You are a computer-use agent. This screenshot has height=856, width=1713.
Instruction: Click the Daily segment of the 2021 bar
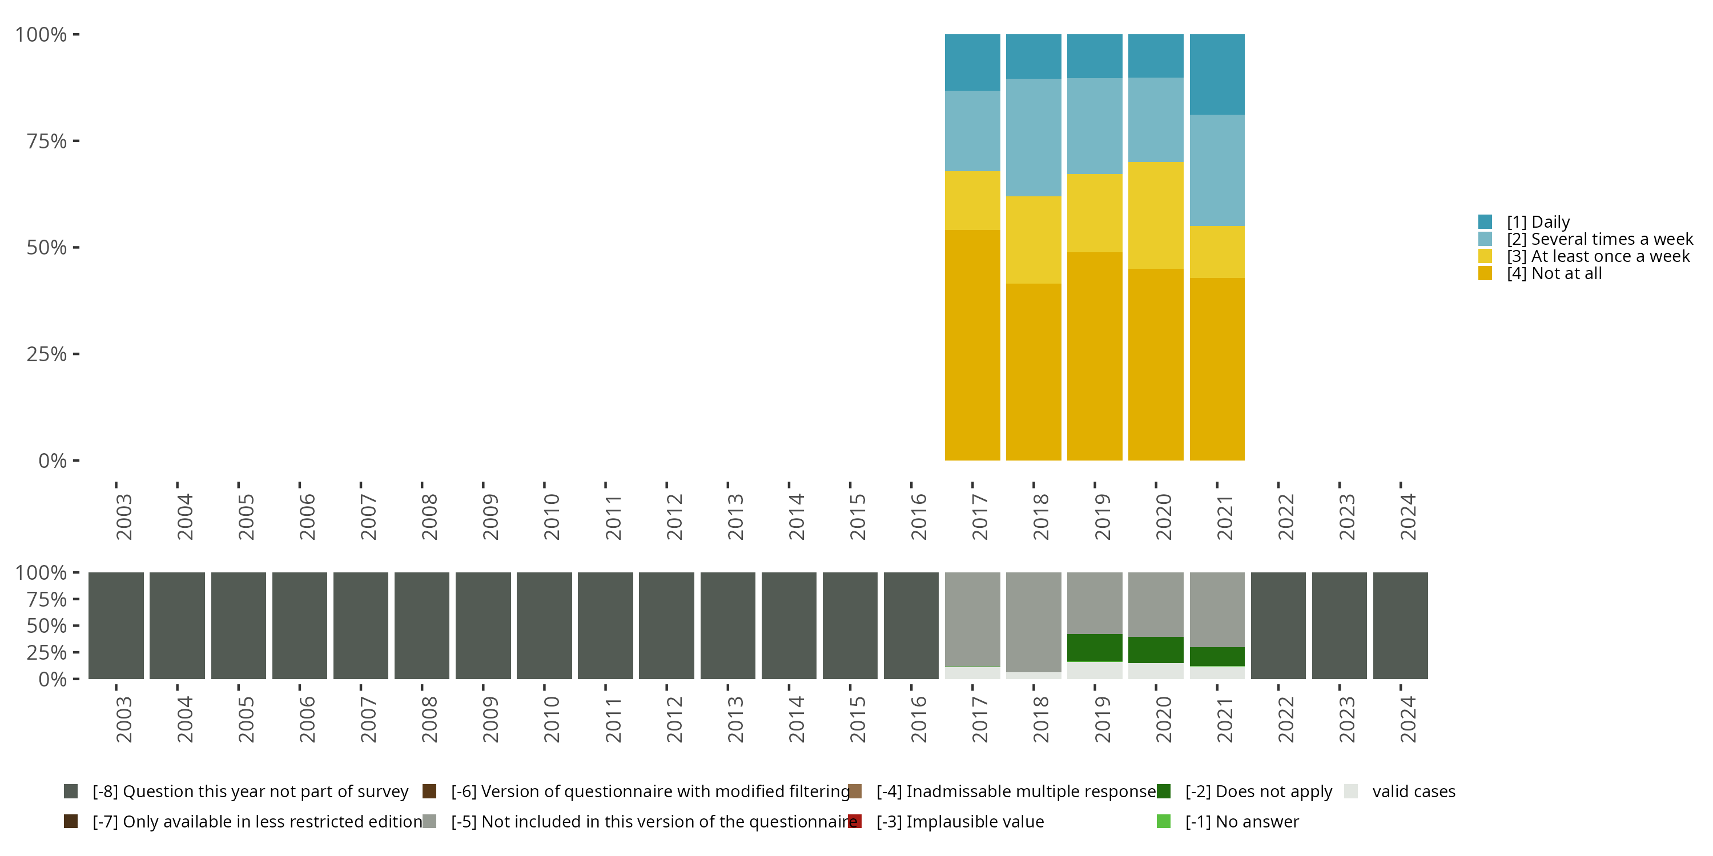tap(1217, 74)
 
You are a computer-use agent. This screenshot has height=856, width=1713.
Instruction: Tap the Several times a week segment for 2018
tap(1034, 137)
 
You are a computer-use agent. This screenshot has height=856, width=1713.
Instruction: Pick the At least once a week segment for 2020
tap(1156, 215)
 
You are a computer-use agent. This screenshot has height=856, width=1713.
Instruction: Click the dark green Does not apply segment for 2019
tap(1095, 647)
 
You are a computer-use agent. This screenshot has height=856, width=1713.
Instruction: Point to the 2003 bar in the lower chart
tap(116, 625)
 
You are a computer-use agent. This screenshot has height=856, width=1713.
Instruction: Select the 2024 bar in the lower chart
tap(1401, 625)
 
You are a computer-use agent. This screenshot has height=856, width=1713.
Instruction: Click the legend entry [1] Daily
tap(1538, 222)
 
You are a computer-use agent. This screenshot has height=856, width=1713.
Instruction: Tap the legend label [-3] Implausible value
tap(960, 821)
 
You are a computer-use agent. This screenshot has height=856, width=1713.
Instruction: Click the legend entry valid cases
tap(1413, 792)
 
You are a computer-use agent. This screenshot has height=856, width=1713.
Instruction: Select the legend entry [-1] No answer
tap(1241, 821)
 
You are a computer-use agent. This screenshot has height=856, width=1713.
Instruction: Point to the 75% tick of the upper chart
tap(47, 141)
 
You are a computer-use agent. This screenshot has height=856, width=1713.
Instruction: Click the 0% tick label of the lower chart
tap(53, 679)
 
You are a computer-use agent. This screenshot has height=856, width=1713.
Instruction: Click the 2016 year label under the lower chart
tap(918, 720)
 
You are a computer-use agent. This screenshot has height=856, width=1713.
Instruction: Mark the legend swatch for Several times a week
tap(1485, 239)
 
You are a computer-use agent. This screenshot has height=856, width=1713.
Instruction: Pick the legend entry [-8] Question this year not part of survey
tap(250, 792)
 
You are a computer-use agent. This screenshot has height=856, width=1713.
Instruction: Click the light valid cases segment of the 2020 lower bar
tap(1156, 671)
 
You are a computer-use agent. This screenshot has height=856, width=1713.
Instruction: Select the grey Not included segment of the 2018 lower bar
tap(1034, 621)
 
